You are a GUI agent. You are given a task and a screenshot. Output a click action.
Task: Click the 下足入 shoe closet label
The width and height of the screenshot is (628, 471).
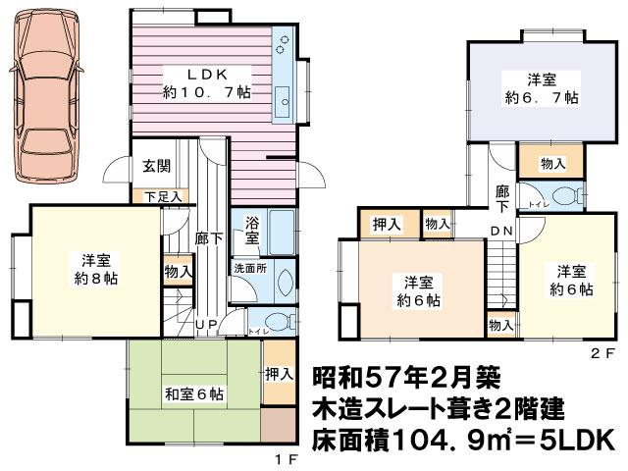[162, 196]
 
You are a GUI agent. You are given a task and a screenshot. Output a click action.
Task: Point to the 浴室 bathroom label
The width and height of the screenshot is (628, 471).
[251, 232]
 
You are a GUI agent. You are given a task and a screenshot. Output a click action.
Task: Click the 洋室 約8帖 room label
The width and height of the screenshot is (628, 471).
[95, 269]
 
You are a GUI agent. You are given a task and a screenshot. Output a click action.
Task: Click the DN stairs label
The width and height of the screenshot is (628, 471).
[500, 232]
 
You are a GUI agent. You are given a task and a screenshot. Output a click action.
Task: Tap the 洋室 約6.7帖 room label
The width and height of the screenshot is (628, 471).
[542, 88]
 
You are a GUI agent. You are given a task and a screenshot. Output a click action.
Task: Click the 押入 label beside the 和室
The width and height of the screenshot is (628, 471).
[279, 373]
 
